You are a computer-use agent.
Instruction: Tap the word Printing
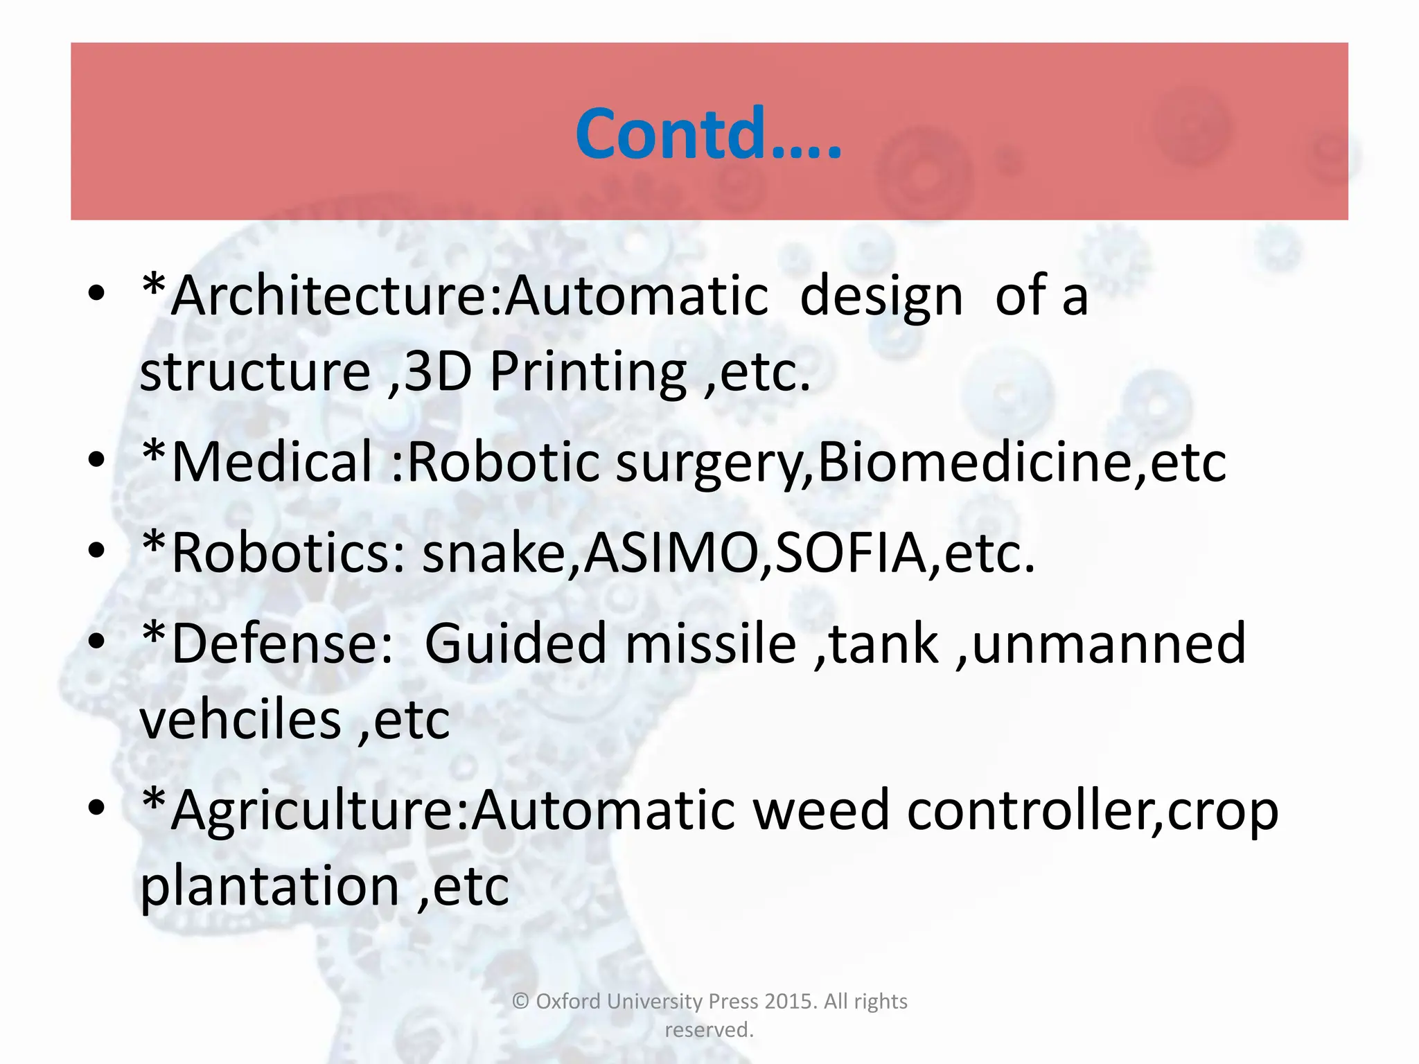click(588, 373)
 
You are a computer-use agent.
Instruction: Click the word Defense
click(273, 644)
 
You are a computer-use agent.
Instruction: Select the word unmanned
click(1109, 644)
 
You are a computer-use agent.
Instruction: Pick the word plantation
click(270, 887)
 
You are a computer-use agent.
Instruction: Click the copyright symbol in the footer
click(520, 1002)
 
